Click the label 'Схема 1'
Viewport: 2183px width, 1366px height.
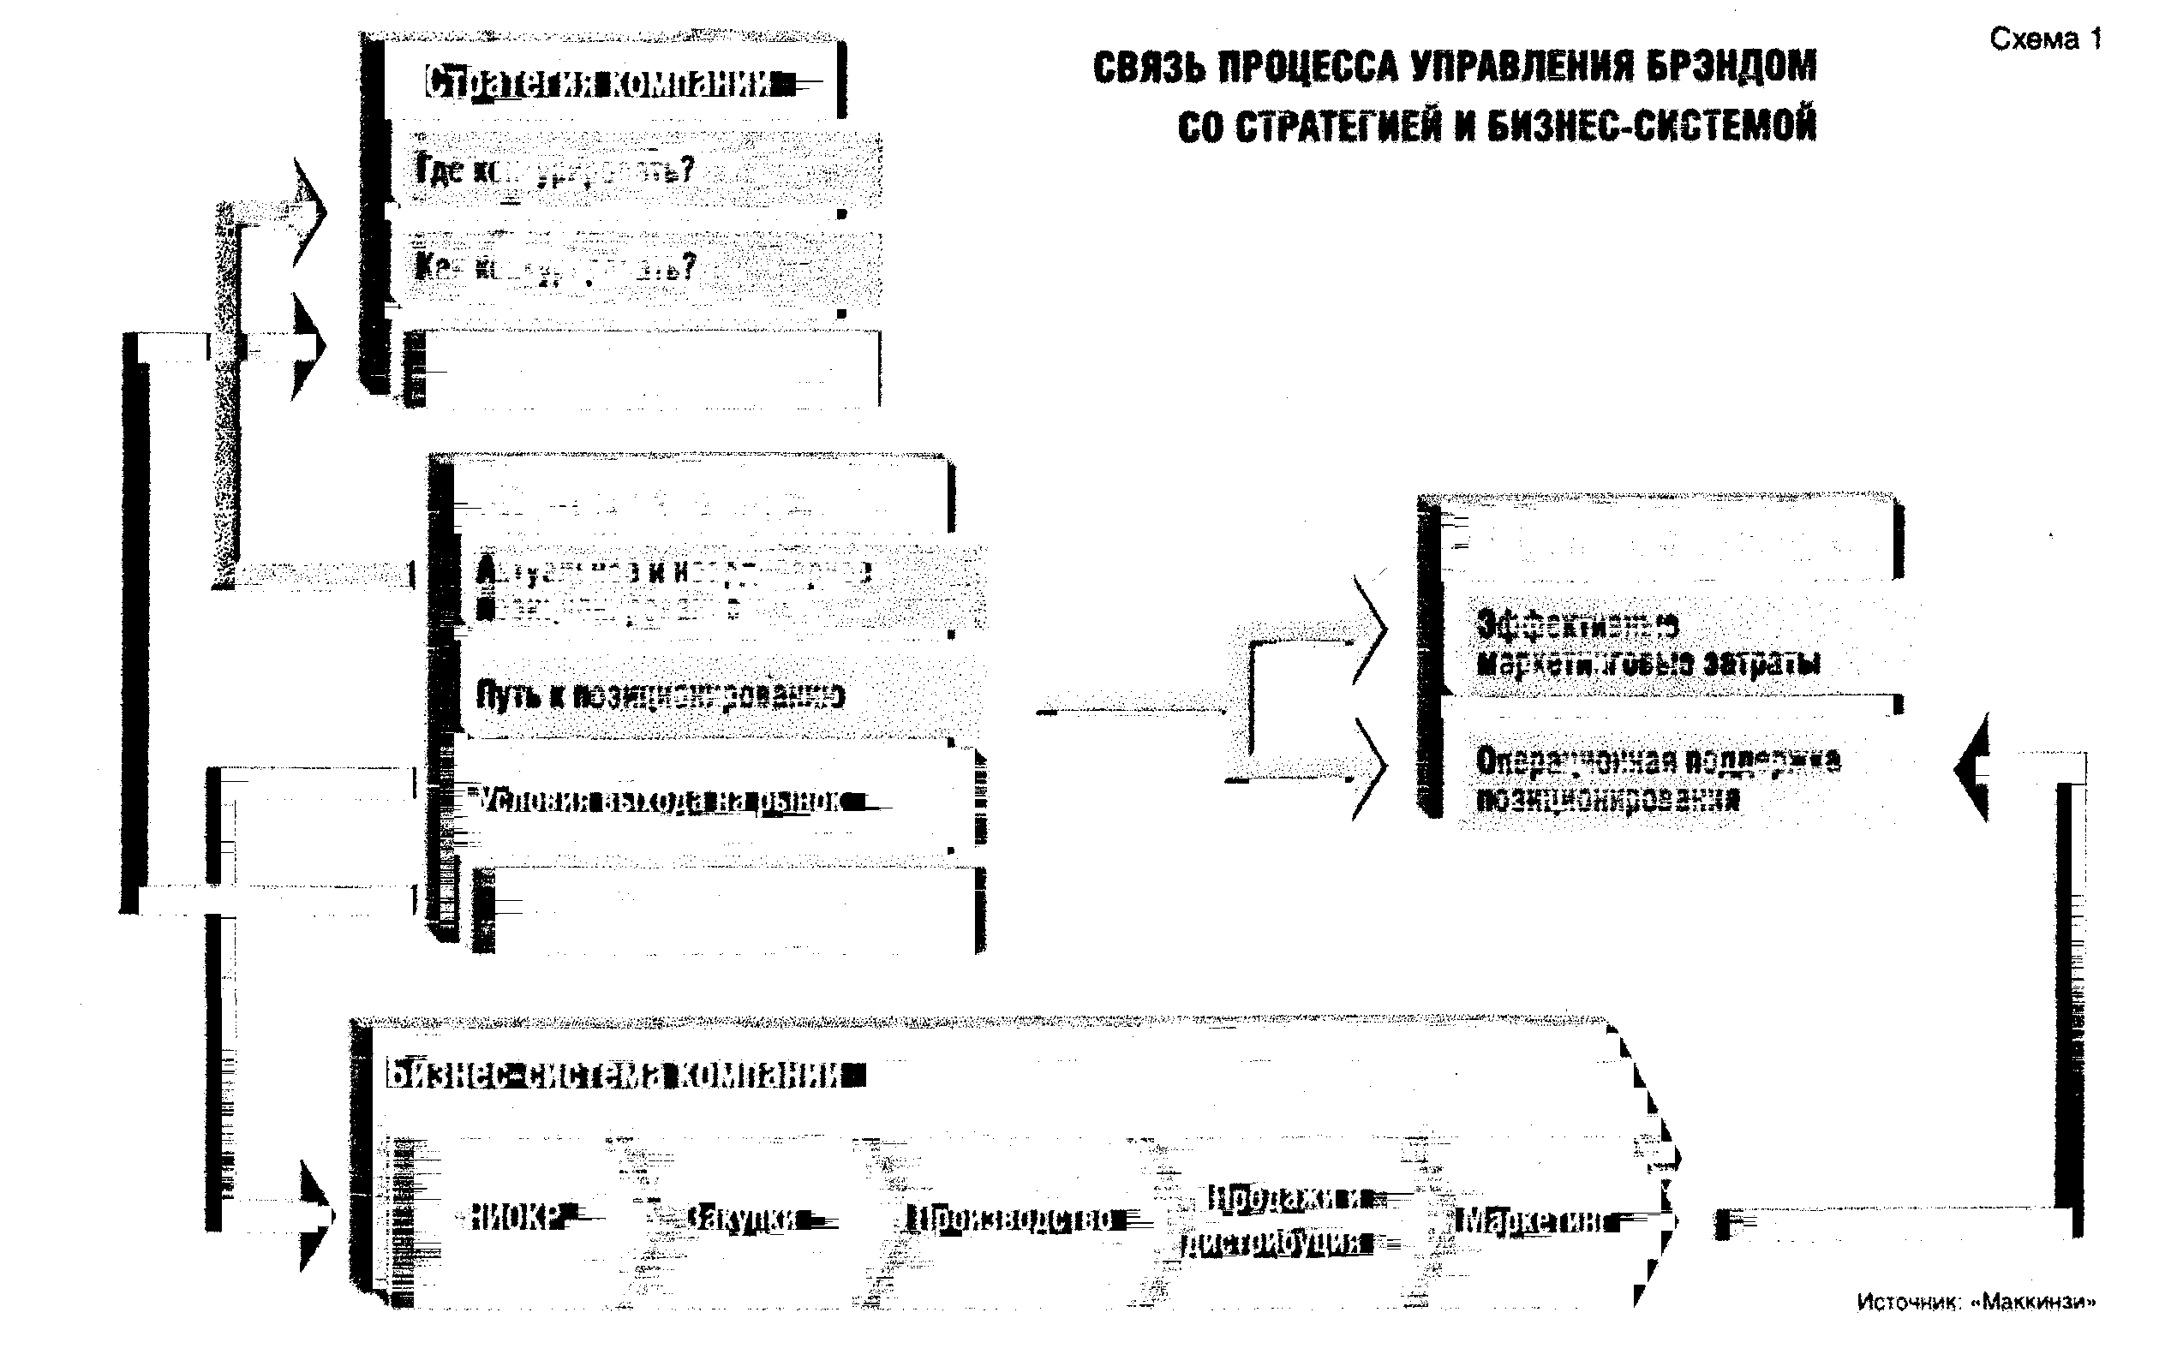coord(2045,39)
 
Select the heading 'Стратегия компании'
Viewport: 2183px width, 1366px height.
coord(599,84)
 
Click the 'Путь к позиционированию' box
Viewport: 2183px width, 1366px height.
coord(660,696)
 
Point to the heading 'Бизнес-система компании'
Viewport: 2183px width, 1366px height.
coord(614,1075)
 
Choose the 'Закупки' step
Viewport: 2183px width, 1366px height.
coord(741,1220)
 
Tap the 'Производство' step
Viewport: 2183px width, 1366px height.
coord(1012,1220)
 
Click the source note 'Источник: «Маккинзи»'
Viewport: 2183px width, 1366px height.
coord(1975,1302)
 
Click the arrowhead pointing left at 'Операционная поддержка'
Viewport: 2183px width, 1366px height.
coord(1971,768)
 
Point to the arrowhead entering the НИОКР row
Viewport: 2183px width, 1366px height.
coord(317,1216)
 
